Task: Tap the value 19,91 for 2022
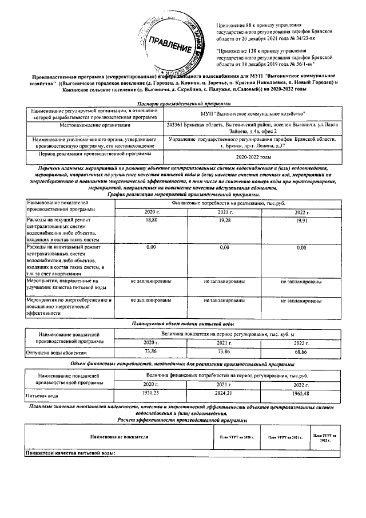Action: coord(301,220)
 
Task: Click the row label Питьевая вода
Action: coord(42,396)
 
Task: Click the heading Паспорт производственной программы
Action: coord(182,103)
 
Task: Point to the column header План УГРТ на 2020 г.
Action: coord(236,437)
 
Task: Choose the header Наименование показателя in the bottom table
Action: coord(117,437)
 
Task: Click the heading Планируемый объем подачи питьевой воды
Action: coord(182,325)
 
